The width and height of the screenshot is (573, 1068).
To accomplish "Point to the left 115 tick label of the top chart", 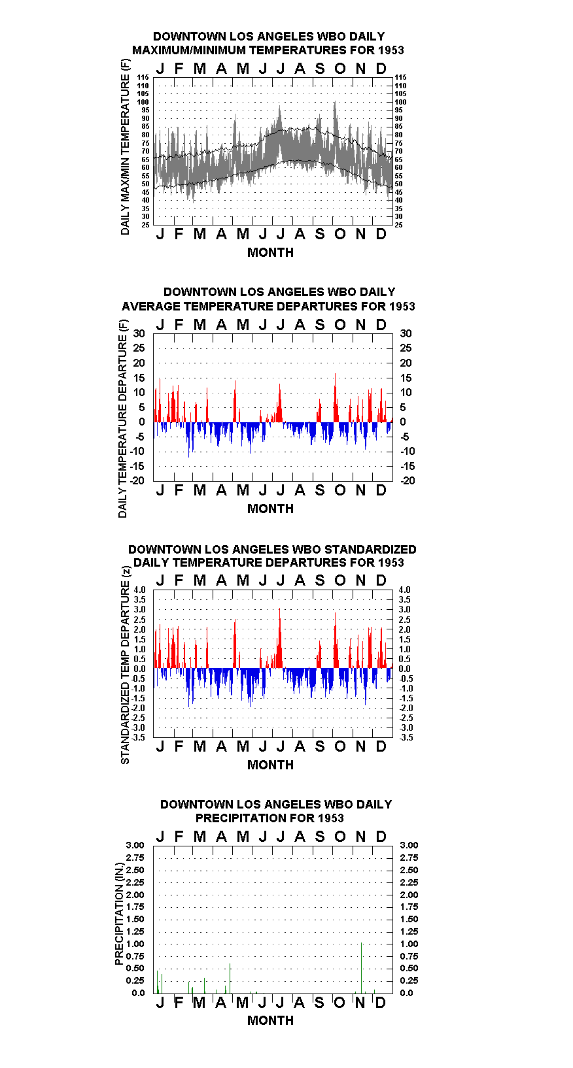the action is click(x=143, y=77).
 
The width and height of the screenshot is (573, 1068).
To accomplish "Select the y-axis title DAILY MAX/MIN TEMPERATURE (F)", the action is click(x=125, y=147).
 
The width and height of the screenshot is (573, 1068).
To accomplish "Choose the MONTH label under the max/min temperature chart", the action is click(x=271, y=253).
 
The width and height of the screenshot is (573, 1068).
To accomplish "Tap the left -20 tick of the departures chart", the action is click(x=137, y=480).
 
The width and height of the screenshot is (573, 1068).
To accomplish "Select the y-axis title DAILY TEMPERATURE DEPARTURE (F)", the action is click(x=122, y=419).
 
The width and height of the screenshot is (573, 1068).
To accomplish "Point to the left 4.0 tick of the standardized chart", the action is click(x=139, y=590).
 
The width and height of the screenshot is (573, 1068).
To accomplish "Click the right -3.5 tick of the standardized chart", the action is click(x=406, y=737).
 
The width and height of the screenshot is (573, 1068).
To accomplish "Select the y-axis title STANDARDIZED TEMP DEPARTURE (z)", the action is click(x=125, y=665).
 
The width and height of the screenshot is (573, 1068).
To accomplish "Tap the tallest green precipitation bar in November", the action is click(x=362, y=968).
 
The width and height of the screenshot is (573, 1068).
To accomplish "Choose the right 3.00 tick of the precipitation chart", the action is click(x=409, y=845).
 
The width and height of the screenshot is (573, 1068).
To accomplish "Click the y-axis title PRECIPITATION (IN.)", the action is click(x=119, y=914).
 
